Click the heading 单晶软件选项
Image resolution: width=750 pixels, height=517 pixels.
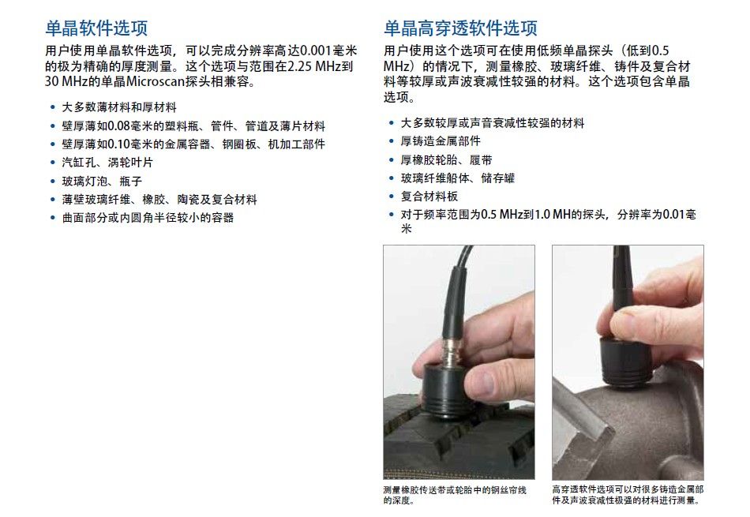pos(96,28)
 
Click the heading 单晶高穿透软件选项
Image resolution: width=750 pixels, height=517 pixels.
pos(460,28)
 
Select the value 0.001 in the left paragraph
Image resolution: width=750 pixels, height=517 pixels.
pos(315,51)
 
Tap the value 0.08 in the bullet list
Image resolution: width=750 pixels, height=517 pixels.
pos(118,126)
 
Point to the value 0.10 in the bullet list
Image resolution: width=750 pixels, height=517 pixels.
pos(118,144)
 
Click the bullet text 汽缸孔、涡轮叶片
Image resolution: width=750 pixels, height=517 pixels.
pos(107,163)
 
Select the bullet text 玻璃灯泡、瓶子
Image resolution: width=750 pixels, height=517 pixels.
pos(102,182)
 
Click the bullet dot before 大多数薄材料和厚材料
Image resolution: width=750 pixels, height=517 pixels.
pos(53,107)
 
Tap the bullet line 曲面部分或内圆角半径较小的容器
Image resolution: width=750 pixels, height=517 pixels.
pos(148,218)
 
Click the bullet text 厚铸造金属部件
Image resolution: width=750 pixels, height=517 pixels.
pos(441,141)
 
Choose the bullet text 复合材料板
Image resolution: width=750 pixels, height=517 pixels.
pos(429,197)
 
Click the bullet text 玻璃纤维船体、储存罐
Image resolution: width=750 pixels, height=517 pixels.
pos(458,178)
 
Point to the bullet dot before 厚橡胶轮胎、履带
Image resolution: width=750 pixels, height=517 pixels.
pos(392,160)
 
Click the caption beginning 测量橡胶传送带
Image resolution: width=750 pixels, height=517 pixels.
pos(455,495)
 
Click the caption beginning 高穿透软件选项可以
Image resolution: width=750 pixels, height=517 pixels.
pos(628,495)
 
